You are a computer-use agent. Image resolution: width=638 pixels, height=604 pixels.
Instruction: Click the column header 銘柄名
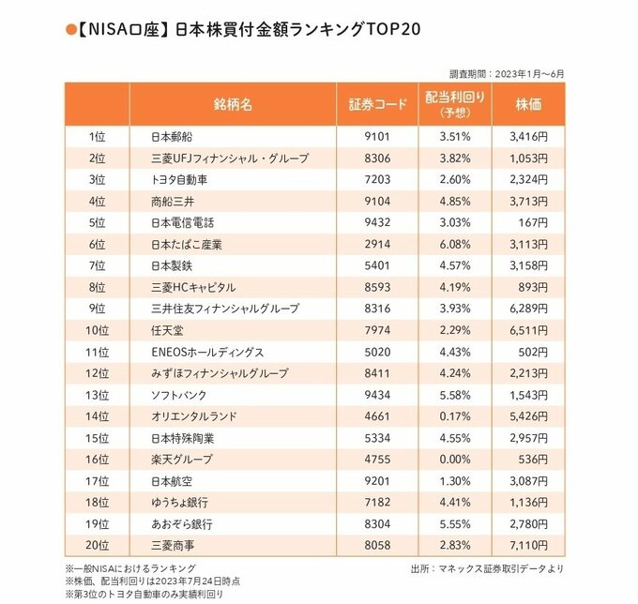(233, 104)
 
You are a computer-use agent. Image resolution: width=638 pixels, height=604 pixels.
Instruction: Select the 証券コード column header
(376, 104)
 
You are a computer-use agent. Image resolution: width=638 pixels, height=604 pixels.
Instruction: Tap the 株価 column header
(528, 104)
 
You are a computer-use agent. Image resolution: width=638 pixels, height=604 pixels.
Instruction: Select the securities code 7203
(376, 178)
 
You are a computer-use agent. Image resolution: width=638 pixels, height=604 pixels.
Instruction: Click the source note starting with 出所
(488, 567)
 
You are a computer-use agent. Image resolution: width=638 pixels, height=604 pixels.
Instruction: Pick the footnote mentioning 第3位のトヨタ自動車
(146, 594)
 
